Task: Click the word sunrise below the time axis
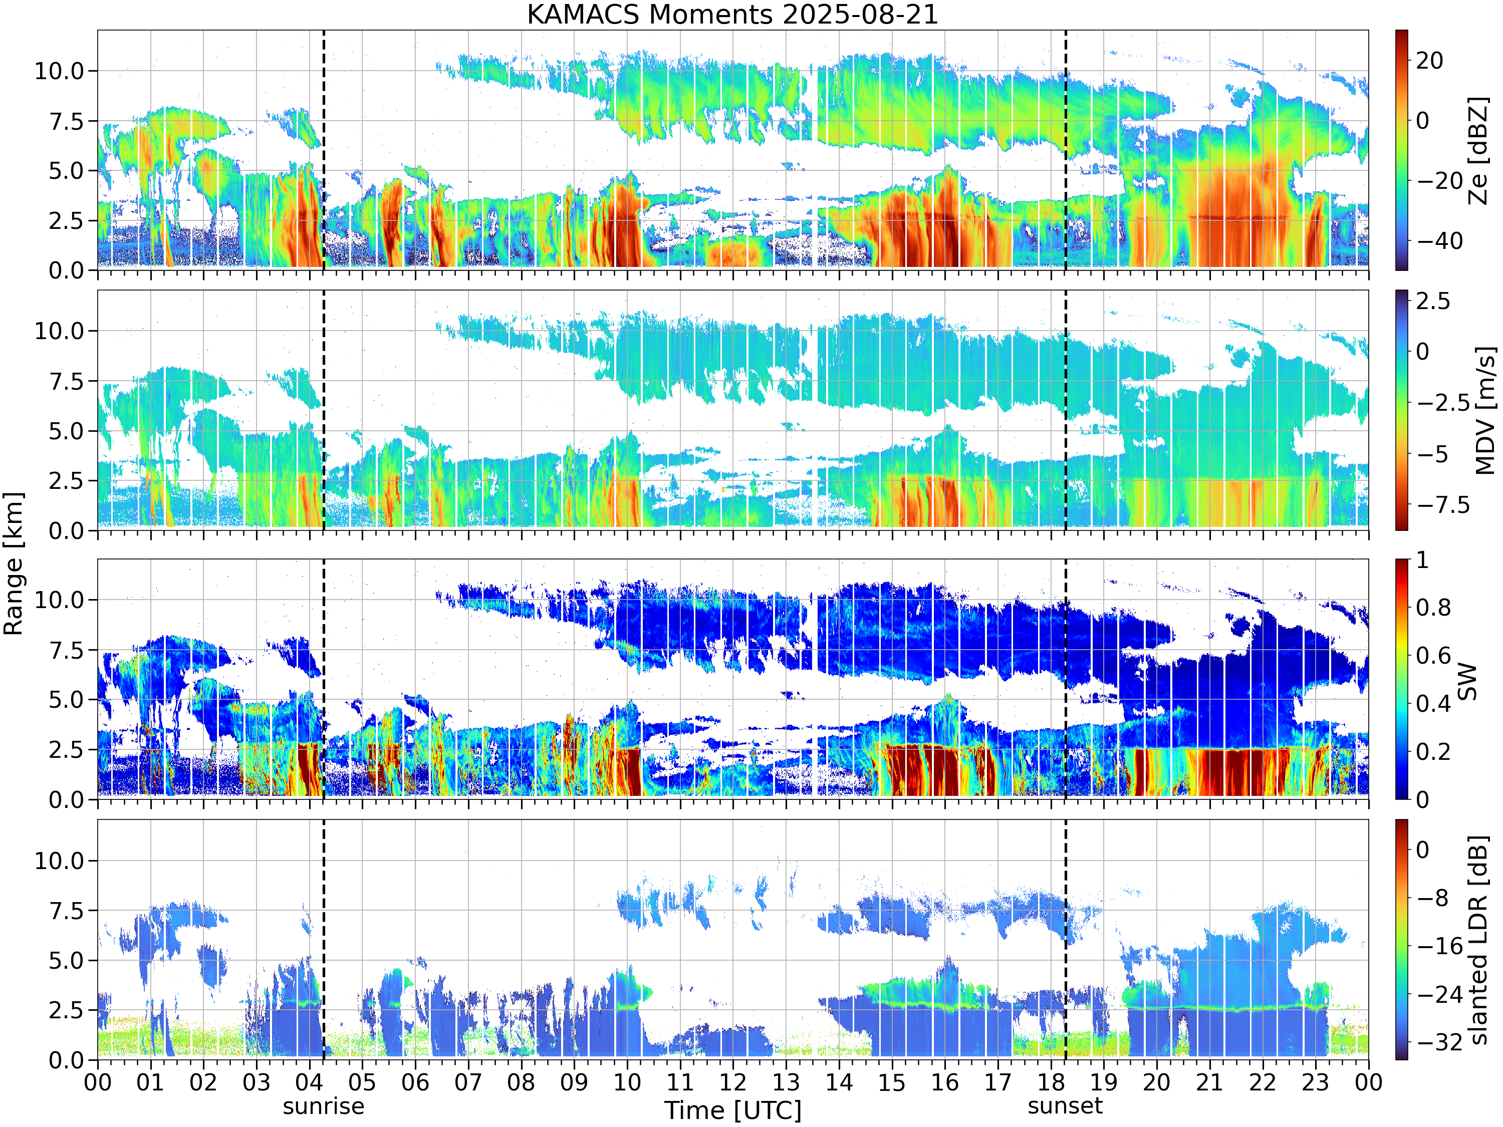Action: pyautogui.click(x=324, y=1106)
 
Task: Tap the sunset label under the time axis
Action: pyautogui.click(x=1065, y=1106)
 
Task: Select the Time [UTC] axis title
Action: pyautogui.click(x=732, y=1110)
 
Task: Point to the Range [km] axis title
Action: pyautogui.click(x=14, y=564)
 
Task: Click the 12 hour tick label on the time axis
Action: pyautogui.click(x=733, y=1082)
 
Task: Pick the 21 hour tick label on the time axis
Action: pyautogui.click(x=1209, y=1082)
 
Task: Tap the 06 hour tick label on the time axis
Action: pyautogui.click(x=415, y=1082)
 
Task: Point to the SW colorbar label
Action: pyautogui.click(x=1467, y=681)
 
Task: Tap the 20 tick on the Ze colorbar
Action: pyautogui.click(x=1430, y=61)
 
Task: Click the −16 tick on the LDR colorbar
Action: pyautogui.click(x=1440, y=946)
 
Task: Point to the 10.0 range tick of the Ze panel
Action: pyautogui.click(x=59, y=71)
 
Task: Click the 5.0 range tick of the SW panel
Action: pyautogui.click(x=66, y=700)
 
